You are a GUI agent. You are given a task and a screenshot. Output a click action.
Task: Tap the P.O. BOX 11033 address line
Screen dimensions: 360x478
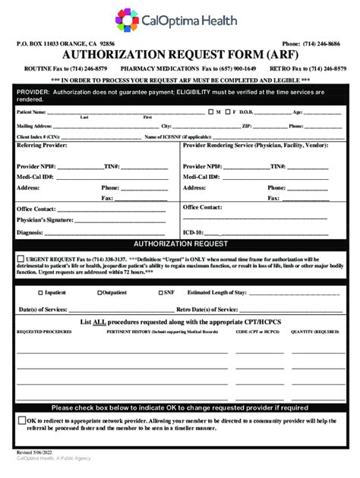coord(65,44)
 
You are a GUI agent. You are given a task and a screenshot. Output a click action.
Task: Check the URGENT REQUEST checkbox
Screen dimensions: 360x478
coord(21,258)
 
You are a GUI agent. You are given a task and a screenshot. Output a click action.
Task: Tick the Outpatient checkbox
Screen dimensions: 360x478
coord(99,292)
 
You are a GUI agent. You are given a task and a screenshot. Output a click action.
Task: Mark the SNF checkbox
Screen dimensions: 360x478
coord(160,292)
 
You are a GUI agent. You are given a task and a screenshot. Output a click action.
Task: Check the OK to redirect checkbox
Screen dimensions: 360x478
coord(21,420)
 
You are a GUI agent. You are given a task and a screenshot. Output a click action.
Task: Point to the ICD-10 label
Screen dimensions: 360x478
coord(193,232)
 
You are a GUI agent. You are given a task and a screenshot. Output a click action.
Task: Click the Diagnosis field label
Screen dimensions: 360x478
coord(30,232)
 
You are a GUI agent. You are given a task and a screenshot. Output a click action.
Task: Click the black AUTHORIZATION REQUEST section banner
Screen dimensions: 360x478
coord(180,244)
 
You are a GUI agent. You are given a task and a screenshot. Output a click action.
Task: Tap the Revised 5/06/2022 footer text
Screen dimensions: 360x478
coord(36,451)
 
